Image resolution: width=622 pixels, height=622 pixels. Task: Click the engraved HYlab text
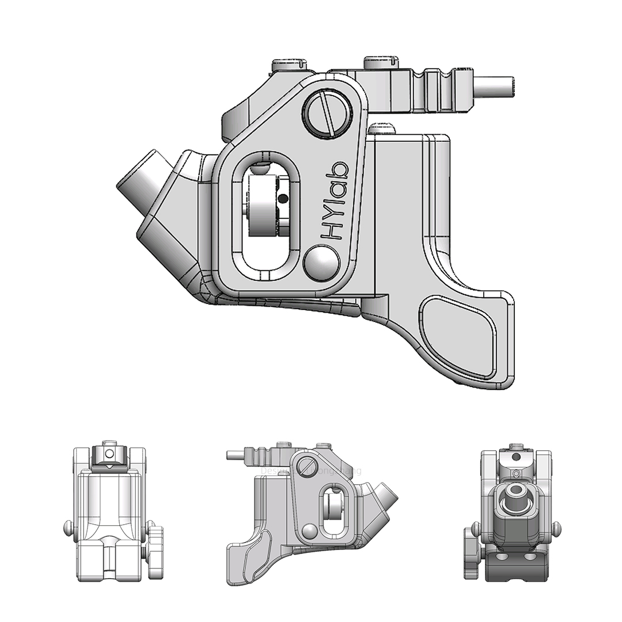pos(335,200)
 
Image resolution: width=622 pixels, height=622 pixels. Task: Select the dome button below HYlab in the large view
pos(321,263)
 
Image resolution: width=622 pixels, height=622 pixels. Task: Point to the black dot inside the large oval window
pos(282,199)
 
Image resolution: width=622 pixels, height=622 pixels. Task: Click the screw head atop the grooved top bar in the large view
pos(381,60)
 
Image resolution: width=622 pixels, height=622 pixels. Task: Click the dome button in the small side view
pos(309,530)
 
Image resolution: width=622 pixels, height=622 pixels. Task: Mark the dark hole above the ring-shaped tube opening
pos(516,457)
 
